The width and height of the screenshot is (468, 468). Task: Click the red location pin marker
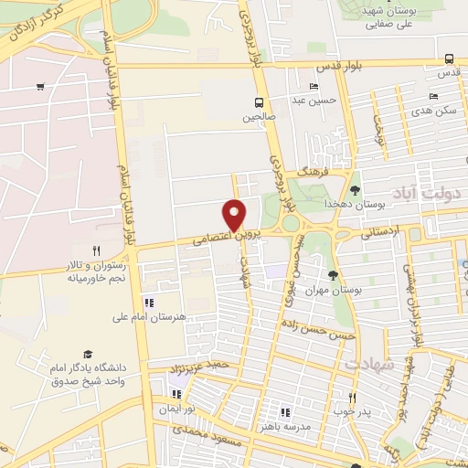pyautogui.click(x=235, y=215)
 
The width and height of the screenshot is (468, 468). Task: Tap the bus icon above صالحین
pyautogui.click(x=260, y=102)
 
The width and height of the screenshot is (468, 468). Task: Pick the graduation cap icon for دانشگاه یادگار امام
pyautogui.click(x=88, y=354)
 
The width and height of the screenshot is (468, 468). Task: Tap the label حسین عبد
pyautogui.click(x=319, y=100)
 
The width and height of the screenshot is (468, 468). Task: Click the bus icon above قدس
pyautogui.click(x=448, y=58)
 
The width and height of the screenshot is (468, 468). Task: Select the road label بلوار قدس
pyautogui.click(x=335, y=68)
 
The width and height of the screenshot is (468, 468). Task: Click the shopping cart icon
pyautogui.click(x=40, y=87)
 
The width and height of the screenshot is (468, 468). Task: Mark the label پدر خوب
pyautogui.click(x=353, y=411)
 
